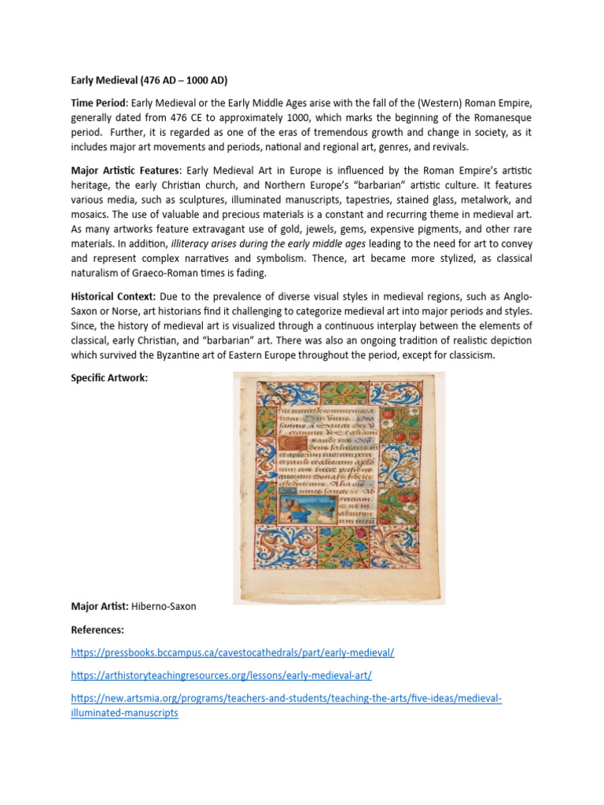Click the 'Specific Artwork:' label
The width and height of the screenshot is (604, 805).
[109, 378]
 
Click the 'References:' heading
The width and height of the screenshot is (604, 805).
[98, 630]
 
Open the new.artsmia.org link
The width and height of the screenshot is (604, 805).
[286, 698]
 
